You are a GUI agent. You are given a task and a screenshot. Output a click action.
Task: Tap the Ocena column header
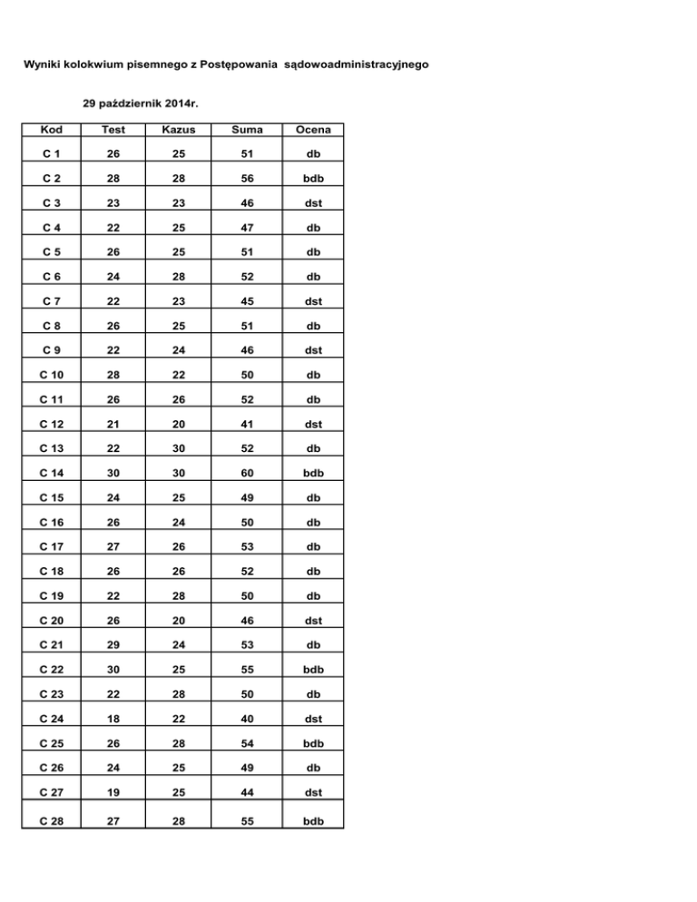[x=313, y=130]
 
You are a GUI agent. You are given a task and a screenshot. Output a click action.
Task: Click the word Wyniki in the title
[x=43, y=65]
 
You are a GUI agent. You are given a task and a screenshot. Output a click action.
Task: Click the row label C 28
[x=50, y=822]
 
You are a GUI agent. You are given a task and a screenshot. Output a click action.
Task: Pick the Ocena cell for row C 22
[x=313, y=669]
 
